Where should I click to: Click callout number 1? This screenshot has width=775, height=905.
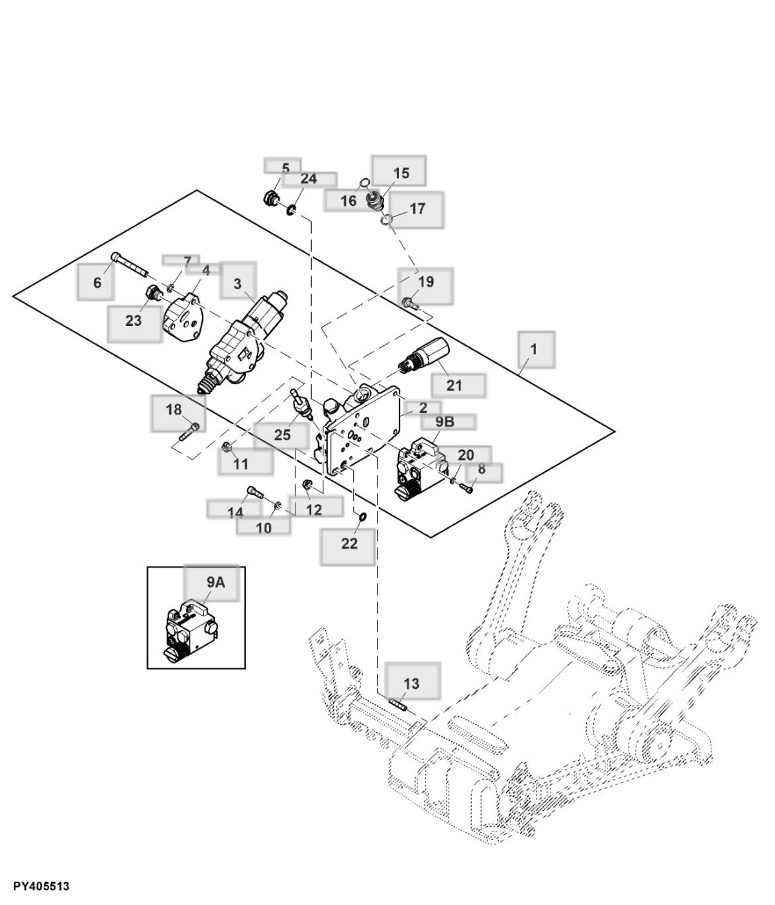pos(534,348)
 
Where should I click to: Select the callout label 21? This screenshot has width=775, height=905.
pos(454,385)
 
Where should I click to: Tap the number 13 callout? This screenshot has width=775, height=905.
pos(411,683)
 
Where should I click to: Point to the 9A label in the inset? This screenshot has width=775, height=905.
pos(215,582)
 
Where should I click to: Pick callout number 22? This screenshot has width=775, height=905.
pos(349,543)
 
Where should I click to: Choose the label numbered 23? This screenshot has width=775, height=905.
pos(134,321)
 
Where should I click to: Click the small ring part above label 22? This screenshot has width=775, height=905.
pos(362,516)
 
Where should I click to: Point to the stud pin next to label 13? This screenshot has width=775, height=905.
pos(397,704)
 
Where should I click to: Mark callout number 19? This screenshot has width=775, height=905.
pos(426,282)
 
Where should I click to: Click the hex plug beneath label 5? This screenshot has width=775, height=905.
pos(270,197)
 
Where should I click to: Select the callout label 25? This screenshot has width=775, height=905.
pos(282,435)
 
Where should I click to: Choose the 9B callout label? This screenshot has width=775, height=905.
pos(445,422)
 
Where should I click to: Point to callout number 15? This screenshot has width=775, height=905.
pos(401,174)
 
